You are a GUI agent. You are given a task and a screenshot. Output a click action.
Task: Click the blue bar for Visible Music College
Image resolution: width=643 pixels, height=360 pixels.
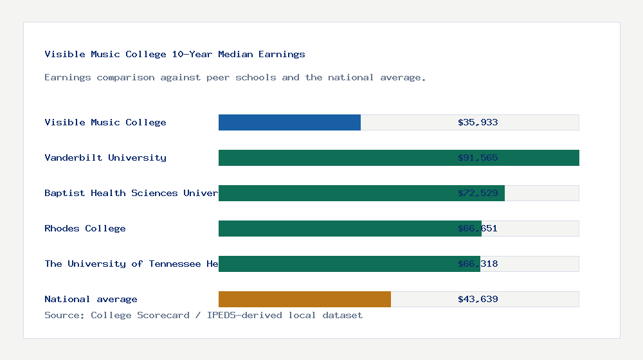289,122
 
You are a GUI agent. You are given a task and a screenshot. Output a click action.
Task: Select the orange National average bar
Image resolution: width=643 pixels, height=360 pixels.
305,299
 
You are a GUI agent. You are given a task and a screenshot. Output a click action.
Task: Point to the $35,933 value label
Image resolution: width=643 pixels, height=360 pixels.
478,122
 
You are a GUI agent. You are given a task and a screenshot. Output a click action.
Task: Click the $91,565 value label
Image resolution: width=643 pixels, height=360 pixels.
478,157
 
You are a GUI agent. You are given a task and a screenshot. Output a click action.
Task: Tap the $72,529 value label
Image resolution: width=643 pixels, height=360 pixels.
478,193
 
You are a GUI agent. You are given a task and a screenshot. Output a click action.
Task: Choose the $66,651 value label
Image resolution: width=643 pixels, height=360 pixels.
478,228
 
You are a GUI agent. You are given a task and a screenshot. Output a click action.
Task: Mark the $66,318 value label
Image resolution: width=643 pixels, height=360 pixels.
478,264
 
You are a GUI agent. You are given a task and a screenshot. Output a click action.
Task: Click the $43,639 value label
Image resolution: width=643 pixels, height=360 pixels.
478,299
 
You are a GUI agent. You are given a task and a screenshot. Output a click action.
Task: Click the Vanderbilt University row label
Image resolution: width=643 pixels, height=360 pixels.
105,157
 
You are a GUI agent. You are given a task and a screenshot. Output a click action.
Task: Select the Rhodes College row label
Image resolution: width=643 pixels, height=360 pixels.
85,228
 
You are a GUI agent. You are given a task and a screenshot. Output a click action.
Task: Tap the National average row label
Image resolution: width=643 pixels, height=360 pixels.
91,299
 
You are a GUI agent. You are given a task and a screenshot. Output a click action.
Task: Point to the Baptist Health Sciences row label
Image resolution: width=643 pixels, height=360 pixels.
131,193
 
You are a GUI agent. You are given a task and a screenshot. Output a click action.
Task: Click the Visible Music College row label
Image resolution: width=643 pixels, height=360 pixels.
105,122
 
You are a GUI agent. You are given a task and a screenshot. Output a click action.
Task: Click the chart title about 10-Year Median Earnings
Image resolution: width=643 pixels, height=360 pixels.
175,54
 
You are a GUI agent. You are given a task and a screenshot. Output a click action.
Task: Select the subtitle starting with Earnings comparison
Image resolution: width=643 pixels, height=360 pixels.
235,77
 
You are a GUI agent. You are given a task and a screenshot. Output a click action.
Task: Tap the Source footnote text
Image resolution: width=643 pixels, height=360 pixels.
203,315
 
